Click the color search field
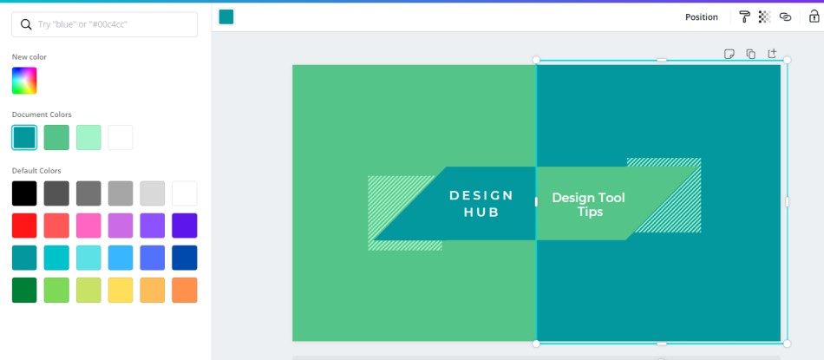pyautogui.click(x=105, y=24)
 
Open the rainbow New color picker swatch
pyautogui.click(x=24, y=81)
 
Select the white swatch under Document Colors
pyautogui.click(x=121, y=138)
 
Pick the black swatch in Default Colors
pyautogui.click(x=24, y=193)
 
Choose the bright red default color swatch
pyautogui.click(x=24, y=226)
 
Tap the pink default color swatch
pyautogui.click(x=88, y=226)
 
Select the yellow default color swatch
pyautogui.click(x=121, y=290)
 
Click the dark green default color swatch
pyautogui.click(x=24, y=290)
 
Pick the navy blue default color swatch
pyautogui.click(x=185, y=258)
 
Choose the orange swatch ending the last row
pyautogui.click(x=185, y=290)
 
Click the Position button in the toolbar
pyautogui.click(x=701, y=17)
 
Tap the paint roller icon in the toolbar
pyautogui.click(x=745, y=16)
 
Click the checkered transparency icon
pyautogui.click(x=765, y=16)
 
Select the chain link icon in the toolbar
pyautogui.click(x=785, y=16)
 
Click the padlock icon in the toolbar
pyautogui.click(x=814, y=16)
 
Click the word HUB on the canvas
pyautogui.click(x=481, y=213)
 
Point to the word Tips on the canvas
pyautogui.click(x=590, y=212)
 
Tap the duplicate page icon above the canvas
pyautogui.click(x=751, y=54)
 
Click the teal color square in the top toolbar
pyautogui.click(x=226, y=16)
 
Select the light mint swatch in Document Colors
pyautogui.click(x=88, y=138)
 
